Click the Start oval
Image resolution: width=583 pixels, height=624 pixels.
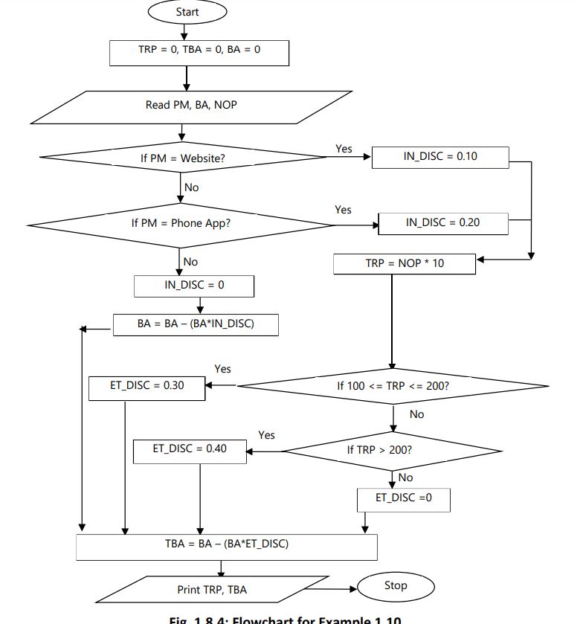(x=187, y=12)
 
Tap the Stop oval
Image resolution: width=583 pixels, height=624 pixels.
(x=395, y=586)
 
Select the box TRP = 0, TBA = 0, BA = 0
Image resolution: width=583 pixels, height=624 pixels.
(x=199, y=51)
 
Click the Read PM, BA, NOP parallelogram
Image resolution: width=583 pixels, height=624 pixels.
(x=191, y=106)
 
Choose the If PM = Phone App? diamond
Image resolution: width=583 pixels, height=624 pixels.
(x=181, y=223)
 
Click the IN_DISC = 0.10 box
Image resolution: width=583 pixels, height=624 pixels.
(x=440, y=158)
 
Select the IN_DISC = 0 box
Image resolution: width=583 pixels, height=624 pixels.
(x=193, y=286)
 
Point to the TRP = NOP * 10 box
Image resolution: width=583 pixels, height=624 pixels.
(x=404, y=263)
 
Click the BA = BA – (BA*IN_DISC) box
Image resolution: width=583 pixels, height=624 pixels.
(x=196, y=325)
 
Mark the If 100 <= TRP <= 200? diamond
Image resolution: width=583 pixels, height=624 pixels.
(x=393, y=387)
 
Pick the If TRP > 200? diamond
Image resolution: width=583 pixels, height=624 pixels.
(x=392, y=450)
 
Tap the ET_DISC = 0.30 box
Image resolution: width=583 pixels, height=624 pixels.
(x=146, y=387)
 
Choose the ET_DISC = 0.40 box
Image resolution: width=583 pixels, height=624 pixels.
(x=190, y=450)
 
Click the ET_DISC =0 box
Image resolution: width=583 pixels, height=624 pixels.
(x=403, y=498)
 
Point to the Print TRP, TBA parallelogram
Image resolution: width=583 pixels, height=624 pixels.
(x=212, y=590)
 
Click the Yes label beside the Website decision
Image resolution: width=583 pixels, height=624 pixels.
(x=344, y=149)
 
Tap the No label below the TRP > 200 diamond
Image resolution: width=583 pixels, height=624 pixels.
(x=405, y=477)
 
